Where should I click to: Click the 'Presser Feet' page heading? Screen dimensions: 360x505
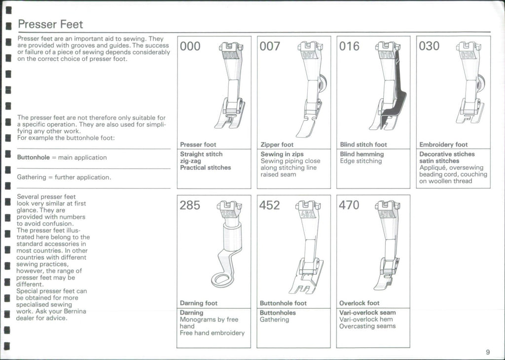pos(50,24)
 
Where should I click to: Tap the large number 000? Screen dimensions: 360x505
pos(190,46)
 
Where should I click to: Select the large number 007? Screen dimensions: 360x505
pos(270,46)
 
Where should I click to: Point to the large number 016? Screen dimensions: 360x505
pos(350,46)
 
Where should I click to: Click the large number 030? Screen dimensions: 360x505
pos(429,46)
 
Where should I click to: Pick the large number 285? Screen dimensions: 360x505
pos(190,205)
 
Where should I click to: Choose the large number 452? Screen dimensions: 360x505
pos(270,205)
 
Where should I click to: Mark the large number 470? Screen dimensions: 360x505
pos(349,205)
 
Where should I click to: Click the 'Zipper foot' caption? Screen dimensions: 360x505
pos(277,144)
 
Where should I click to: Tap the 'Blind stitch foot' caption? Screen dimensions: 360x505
pos(363,144)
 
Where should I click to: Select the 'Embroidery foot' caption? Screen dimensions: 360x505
pos(443,144)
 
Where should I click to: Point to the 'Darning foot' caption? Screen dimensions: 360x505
pos(198,303)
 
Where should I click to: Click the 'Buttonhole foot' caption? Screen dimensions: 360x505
pos(283,303)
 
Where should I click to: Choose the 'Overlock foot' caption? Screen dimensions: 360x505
pos(360,303)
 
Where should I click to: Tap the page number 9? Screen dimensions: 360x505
pos(487,352)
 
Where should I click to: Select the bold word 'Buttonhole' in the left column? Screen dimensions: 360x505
pos(33,158)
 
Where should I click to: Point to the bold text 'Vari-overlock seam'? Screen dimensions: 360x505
pos(367,313)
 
